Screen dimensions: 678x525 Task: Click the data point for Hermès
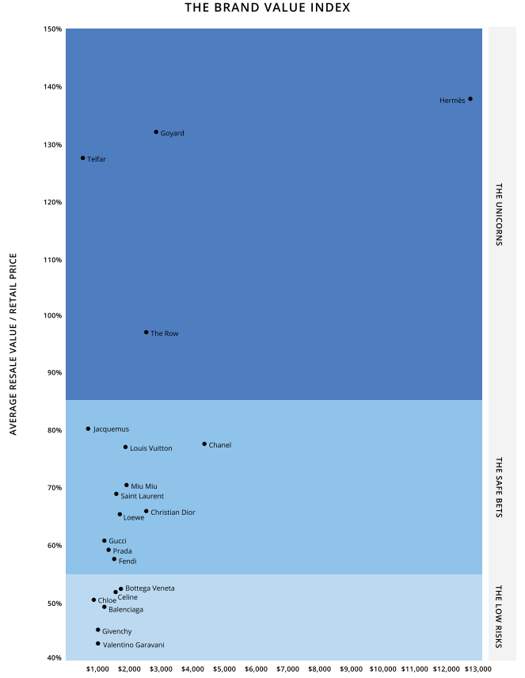470,99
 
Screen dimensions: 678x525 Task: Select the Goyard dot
156,132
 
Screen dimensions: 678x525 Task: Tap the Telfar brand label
96,159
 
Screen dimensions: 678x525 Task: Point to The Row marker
146,333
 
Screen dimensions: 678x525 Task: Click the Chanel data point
204,444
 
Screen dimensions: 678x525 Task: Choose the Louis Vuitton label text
150,448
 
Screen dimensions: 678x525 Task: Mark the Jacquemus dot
88,429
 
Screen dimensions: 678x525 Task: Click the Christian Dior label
173,512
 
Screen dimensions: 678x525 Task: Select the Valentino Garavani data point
98,644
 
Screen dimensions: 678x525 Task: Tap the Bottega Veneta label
150,588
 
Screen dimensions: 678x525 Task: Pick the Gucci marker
104,541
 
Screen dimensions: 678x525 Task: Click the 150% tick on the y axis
53,29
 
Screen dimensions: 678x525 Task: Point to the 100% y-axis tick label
53,316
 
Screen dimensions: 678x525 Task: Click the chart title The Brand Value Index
267,8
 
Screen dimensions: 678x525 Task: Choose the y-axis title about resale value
13,344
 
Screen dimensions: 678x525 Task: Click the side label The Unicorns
499,215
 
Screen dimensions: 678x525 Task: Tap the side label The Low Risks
499,616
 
